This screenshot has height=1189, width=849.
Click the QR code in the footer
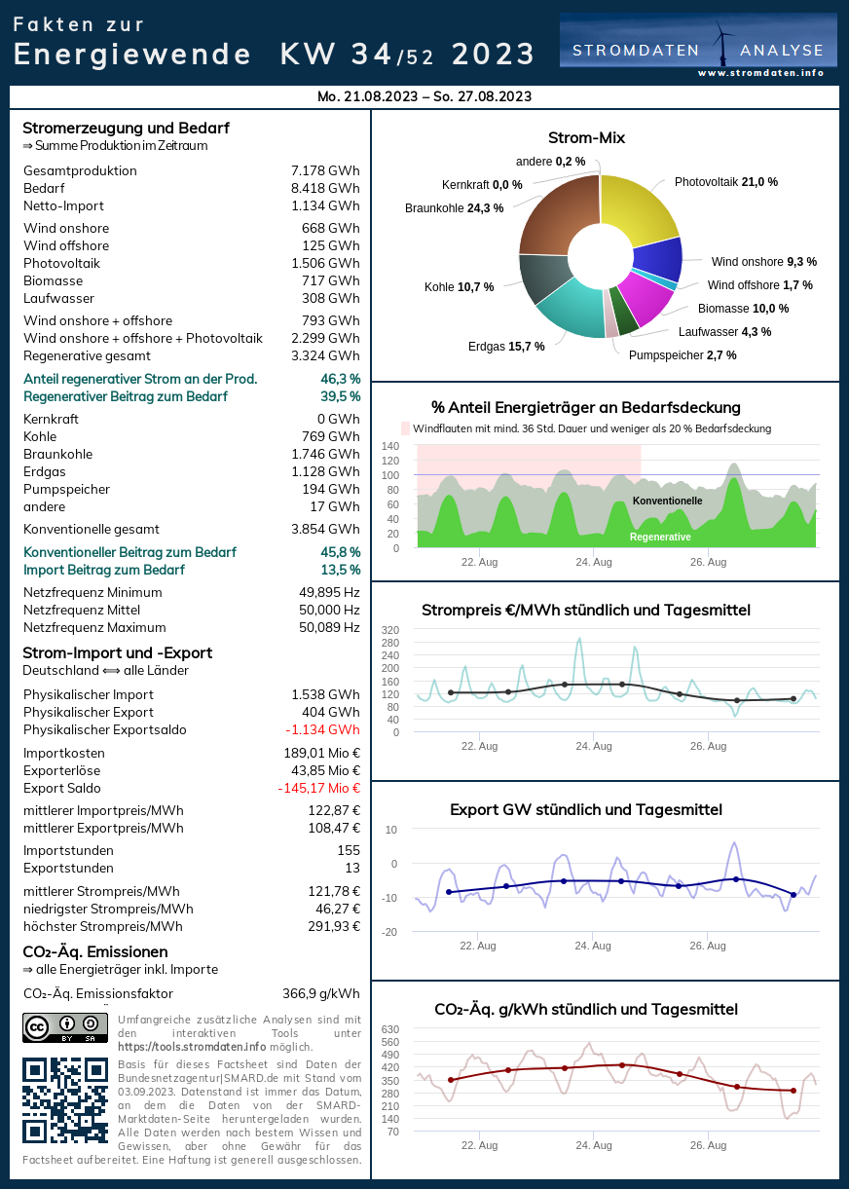[65, 1099]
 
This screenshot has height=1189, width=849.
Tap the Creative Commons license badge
[65, 1027]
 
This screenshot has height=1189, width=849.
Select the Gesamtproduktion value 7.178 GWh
[325, 171]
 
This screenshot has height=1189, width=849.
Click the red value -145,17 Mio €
[318, 789]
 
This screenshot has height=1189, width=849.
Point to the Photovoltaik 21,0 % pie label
[725, 182]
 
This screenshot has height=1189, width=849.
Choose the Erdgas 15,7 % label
[506, 347]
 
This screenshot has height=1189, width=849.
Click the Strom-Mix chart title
[586, 138]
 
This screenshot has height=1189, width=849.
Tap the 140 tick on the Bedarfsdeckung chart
[390, 447]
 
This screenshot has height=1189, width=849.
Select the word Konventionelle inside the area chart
[667, 501]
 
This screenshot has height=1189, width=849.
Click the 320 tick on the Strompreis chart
[390, 630]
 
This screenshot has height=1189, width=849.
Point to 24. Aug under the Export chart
[593, 946]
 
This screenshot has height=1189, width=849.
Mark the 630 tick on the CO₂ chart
[390, 1029]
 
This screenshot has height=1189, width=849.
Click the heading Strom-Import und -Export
[117, 653]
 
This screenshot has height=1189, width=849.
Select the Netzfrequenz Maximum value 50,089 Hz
[329, 628]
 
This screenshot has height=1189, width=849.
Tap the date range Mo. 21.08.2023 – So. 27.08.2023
[424, 96]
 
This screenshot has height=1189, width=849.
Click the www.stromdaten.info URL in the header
[760, 73]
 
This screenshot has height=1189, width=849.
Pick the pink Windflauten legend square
[406, 428]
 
